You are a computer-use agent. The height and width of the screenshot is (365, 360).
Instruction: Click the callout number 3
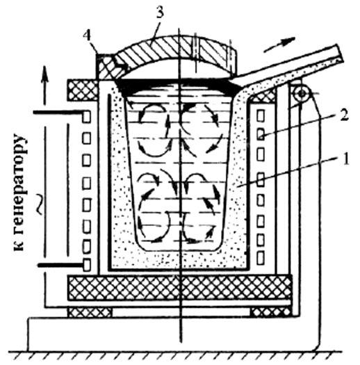(x=160, y=13)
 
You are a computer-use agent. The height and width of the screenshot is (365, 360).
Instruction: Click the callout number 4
(x=88, y=36)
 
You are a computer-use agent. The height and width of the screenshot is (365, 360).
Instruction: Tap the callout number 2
(x=344, y=115)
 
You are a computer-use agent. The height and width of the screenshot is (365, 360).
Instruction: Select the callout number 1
(x=346, y=159)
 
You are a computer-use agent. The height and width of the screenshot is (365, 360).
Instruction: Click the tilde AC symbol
(x=40, y=204)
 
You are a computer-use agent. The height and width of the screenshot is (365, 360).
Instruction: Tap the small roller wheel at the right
(x=302, y=94)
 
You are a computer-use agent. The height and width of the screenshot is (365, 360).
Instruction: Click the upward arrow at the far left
(x=45, y=86)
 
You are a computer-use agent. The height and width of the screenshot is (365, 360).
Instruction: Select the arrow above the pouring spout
(x=279, y=44)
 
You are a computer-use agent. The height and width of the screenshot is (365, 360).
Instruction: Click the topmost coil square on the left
(x=87, y=117)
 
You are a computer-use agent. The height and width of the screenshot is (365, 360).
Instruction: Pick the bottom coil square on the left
(x=87, y=265)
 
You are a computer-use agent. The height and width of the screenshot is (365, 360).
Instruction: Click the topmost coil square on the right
(x=261, y=115)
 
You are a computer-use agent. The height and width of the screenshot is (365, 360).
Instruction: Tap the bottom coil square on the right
(x=261, y=258)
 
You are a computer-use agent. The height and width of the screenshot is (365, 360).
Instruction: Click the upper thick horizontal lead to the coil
(x=58, y=113)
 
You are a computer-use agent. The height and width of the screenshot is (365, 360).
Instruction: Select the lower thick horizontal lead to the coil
(x=60, y=265)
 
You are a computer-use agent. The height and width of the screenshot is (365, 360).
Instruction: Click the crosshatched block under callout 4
(x=106, y=67)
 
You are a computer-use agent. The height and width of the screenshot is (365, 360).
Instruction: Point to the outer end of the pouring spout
(x=340, y=52)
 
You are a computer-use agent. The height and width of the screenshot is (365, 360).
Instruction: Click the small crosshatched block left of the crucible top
(x=83, y=90)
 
